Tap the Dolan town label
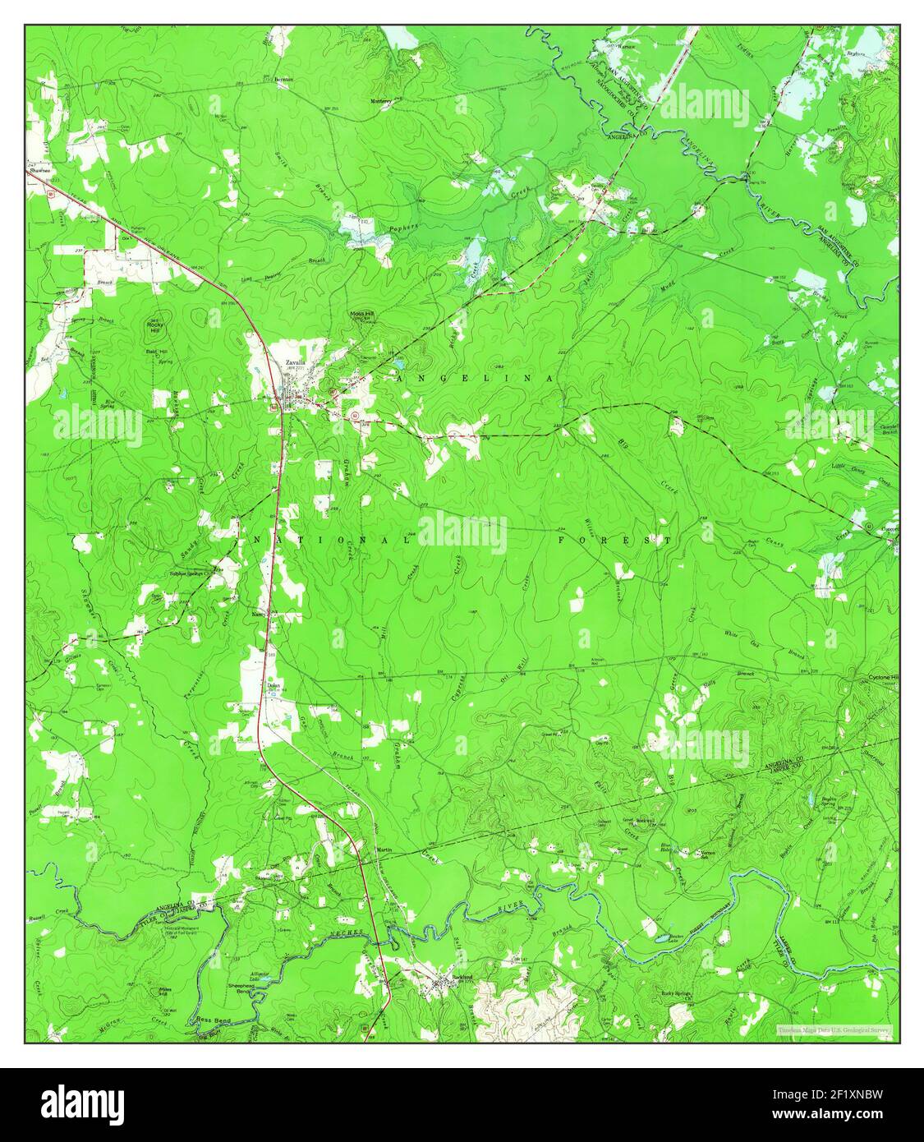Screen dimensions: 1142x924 pyautogui.click(x=274, y=684)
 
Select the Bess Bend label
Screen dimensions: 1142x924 pyautogui.click(x=209, y=1019)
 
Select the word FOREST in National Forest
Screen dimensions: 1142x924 pyautogui.click(x=626, y=540)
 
